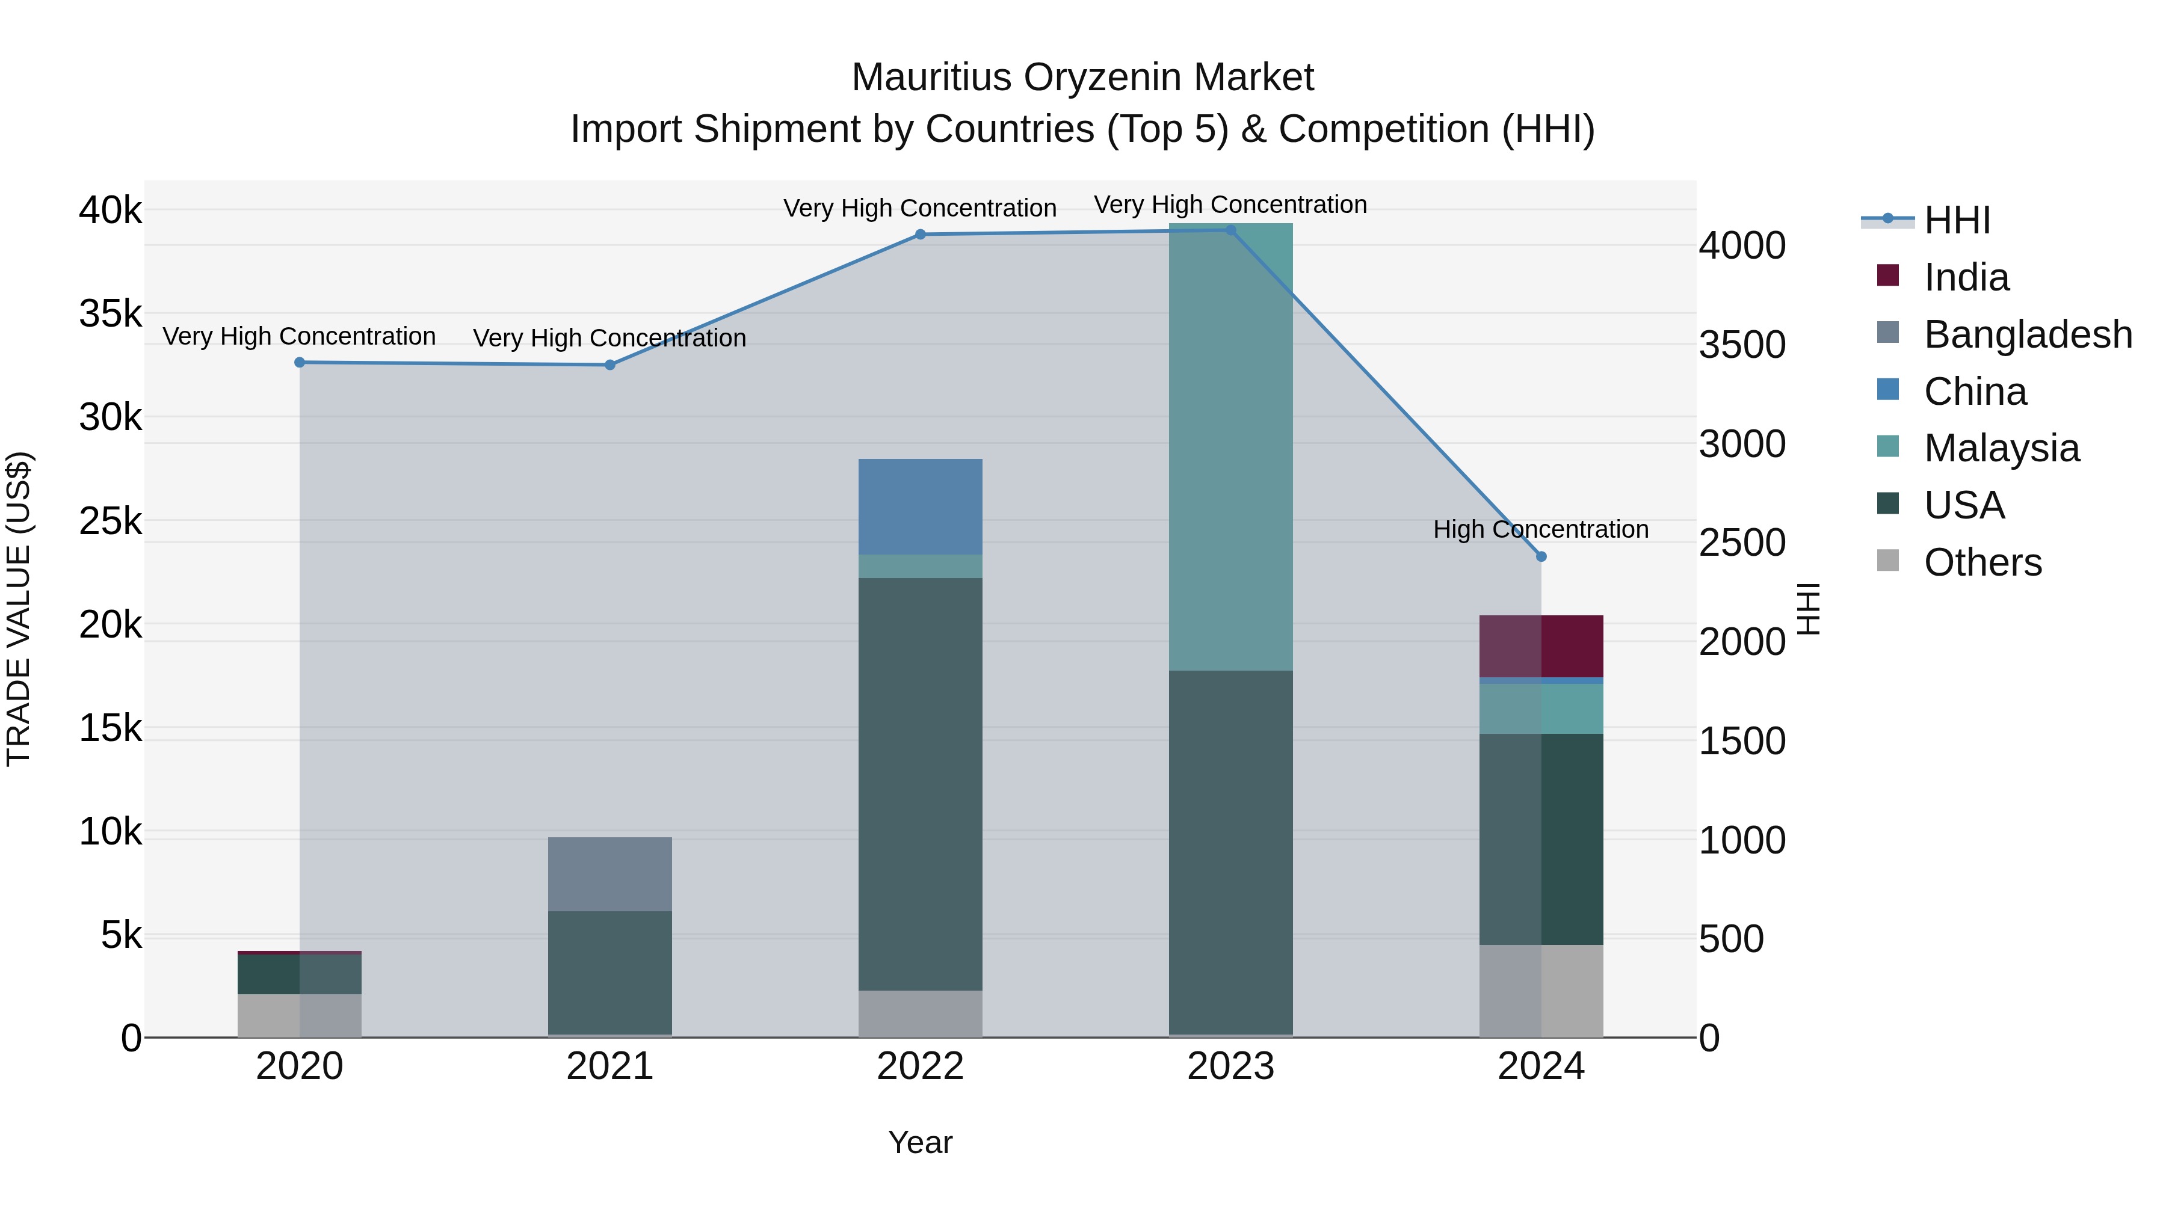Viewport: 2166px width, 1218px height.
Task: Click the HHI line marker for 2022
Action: [x=920, y=235]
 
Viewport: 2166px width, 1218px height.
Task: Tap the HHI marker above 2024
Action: [x=1540, y=556]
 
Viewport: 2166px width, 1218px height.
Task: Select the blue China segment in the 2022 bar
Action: [x=920, y=507]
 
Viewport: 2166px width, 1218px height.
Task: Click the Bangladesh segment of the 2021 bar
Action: [x=609, y=874]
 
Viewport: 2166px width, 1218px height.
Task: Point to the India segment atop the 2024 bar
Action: [x=1540, y=645]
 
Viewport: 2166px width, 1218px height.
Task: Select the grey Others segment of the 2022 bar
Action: [x=920, y=1013]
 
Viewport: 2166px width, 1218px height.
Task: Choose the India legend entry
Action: [x=1966, y=277]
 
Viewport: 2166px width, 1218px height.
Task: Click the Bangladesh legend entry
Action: [x=2027, y=334]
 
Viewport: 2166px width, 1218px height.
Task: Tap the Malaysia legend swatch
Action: [x=1887, y=447]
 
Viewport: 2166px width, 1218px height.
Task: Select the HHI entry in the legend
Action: [x=1957, y=220]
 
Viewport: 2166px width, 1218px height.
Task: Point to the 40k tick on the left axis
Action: [x=110, y=210]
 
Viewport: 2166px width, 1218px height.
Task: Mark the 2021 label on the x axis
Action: [x=609, y=1066]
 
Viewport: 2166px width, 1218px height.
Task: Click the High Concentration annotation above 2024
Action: [x=1540, y=529]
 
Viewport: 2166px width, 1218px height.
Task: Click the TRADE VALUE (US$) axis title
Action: [x=19, y=609]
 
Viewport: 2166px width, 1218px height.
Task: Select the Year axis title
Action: [x=920, y=1142]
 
